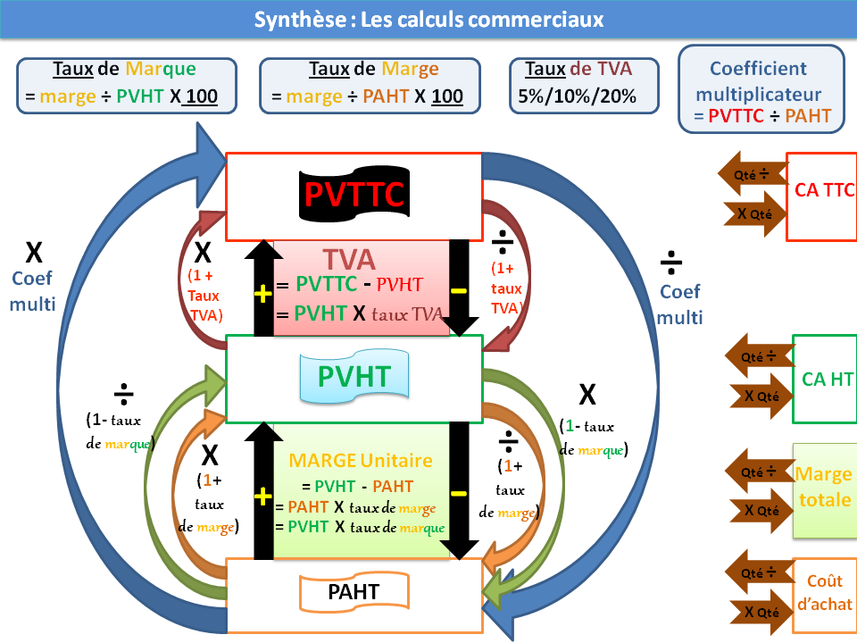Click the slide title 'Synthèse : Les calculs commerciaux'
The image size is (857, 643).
click(x=428, y=20)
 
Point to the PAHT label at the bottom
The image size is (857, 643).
click(x=354, y=591)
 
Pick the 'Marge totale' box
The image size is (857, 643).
click(x=824, y=488)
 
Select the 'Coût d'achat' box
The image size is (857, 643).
click(x=824, y=593)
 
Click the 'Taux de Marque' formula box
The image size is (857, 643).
click(x=126, y=86)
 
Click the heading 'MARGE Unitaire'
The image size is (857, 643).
click(x=361, y=461)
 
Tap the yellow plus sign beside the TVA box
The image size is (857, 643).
click(x=262, y=295)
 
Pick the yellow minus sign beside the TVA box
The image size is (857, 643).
click(x=459, y=290)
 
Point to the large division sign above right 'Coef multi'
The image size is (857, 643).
click(x=671, y=263)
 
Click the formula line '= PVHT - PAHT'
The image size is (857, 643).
click(x=357, y=487)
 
